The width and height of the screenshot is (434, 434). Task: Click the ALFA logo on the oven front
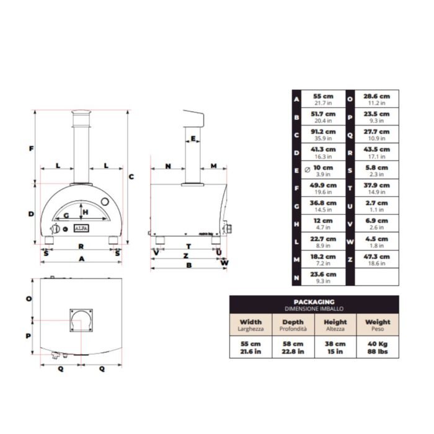point(82,228)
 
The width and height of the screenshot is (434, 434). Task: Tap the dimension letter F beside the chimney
point(30,148)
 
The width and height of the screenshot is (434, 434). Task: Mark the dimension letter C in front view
point(131,177)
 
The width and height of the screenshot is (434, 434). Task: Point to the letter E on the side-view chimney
point(193,139)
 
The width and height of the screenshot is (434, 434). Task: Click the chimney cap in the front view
point(81,113)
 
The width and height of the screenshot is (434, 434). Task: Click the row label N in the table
point(297,277)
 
